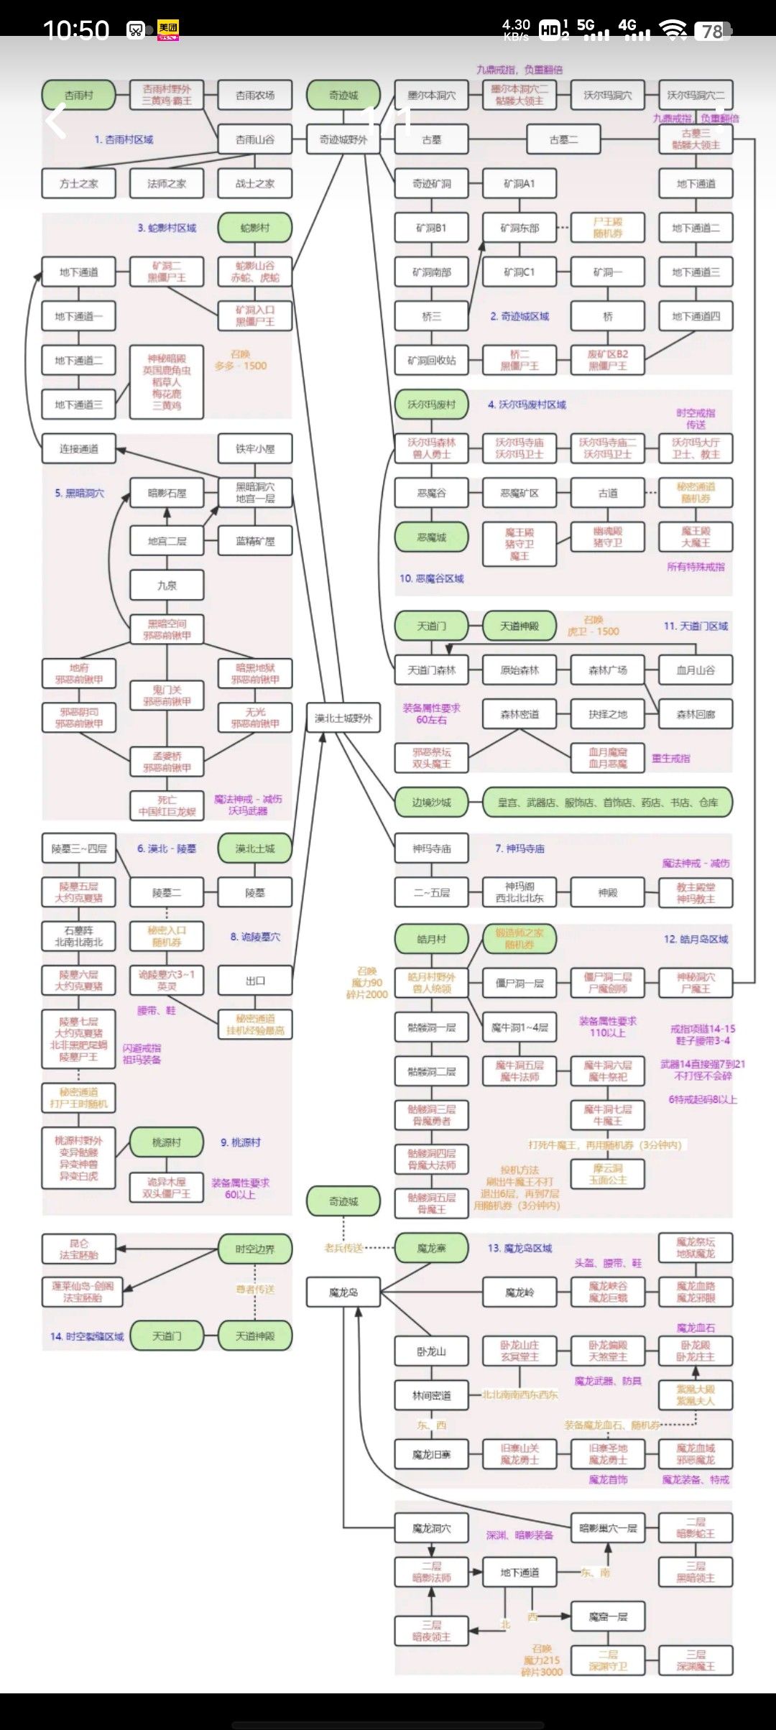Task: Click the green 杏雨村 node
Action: point(78,95)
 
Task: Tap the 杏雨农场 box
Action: point(255,95)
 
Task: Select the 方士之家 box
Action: point(78,183)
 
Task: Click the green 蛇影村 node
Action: point(255,228)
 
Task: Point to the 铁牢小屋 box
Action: point(255,449)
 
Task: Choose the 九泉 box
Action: point(167,586)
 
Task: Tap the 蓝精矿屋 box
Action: point(255,541)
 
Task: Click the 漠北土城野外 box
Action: point(343,718)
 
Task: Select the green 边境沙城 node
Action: point(431,802)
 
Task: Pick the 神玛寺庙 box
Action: point(431,848)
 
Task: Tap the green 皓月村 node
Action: point(431,939)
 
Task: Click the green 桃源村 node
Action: point(167,1142)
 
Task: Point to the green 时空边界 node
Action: point(255,1249)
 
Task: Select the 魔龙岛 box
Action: point(343,1292)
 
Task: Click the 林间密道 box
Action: point(431,1395)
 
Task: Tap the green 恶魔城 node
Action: point(431,537)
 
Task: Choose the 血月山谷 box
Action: point(696,670)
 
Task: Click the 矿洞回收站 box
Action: point(431,361)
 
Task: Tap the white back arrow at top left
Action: point(56,121)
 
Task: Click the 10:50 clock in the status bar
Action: point(75,30)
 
